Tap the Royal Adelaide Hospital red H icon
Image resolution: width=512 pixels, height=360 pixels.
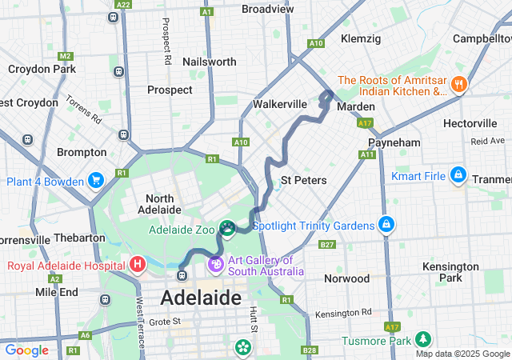coord(138,263)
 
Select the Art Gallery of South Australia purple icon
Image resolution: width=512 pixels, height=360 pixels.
coord(215,263)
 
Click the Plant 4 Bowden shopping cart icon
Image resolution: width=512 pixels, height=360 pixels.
coord(97,180)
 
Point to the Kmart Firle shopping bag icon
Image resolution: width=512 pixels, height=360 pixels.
coord(458,174)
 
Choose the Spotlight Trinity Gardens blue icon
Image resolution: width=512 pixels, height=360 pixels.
coord(386,225)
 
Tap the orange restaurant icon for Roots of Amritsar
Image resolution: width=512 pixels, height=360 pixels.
coord(458,83)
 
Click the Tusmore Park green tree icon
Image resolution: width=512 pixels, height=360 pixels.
coord(422,339)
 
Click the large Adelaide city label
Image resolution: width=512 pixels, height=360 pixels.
coord(201,298)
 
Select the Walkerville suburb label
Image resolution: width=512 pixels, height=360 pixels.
coord(280,104)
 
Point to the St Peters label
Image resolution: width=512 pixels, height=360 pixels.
coord(304,180)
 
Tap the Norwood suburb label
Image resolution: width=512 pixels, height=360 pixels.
coord(346,278)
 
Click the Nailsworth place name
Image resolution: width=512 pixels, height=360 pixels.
coord(210,62)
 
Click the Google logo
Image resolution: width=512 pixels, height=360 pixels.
coord(26,350)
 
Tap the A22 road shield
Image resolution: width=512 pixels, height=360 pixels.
coord(122,4)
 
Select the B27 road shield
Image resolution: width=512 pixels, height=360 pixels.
coord(326,245)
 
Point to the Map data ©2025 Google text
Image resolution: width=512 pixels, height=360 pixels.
coord(462,354)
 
